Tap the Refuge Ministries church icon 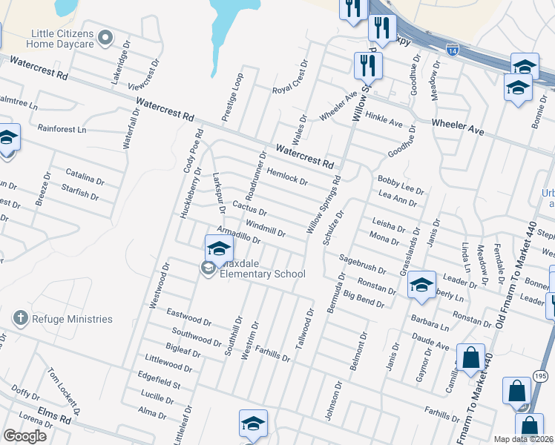click(21, 319)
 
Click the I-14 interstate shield click(453, 50)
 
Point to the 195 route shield click(539, 378)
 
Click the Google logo click(25, 436)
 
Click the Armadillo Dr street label click(238, 235)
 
